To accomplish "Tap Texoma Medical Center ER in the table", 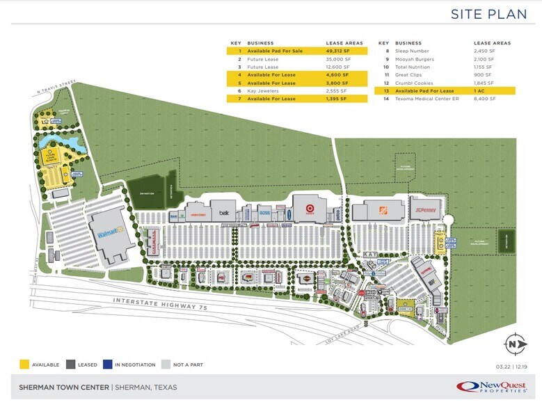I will pos(424,99).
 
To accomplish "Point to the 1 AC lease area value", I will pos(479,91).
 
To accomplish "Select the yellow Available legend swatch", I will pos(24,363).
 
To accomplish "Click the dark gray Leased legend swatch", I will pos(70,363).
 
